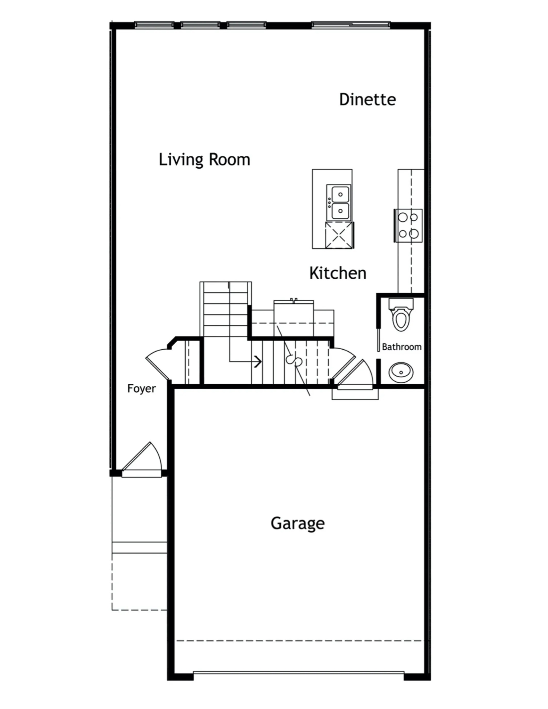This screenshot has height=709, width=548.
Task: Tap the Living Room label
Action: (x=204, y=160)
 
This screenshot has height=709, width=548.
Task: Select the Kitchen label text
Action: (x=338, y=273)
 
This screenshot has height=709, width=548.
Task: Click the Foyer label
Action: (x=141, y=389)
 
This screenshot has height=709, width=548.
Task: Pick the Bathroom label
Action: (x=402, y=347)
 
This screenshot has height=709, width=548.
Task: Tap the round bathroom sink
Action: (x=401, y=372)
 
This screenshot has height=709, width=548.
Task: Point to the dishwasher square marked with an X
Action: (x=339, y=235)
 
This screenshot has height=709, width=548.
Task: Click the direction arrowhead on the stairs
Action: (x=258, y=361)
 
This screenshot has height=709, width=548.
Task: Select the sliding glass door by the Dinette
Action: (x=350, y=24)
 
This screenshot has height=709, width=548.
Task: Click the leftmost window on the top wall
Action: (x=154, y=24)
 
